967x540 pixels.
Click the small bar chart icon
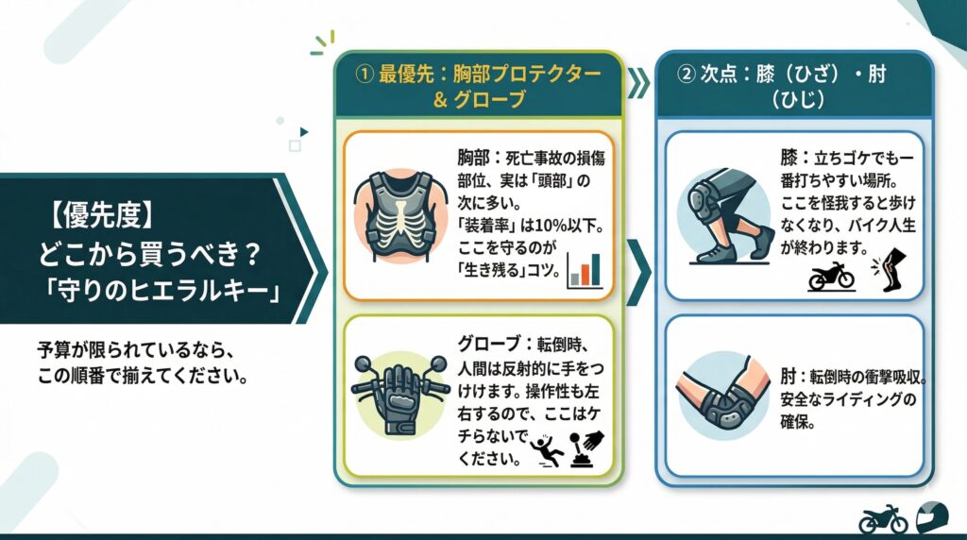(x=585, y=270)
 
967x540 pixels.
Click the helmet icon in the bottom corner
(x=932, y=517)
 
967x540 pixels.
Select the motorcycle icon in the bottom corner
(x=882, y=518)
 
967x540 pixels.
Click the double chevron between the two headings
(x=639, y=83)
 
